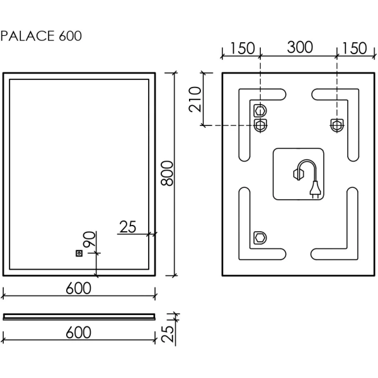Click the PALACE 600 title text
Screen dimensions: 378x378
pos(42,36)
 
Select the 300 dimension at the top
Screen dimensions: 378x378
pos(299,48)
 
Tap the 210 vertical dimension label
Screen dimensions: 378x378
pos(196,98)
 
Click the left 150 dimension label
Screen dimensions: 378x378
pos(242,48)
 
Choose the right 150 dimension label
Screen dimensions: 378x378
pos(353,48)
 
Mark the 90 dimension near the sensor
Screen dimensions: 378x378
pos(89,239)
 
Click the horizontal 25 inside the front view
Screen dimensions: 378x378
pos(128,227)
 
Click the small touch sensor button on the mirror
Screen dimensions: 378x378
pos(79,253)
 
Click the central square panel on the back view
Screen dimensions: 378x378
pos(298,175)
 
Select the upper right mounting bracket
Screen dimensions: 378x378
pos(337,124)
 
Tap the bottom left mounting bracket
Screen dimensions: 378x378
pos(260,238)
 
